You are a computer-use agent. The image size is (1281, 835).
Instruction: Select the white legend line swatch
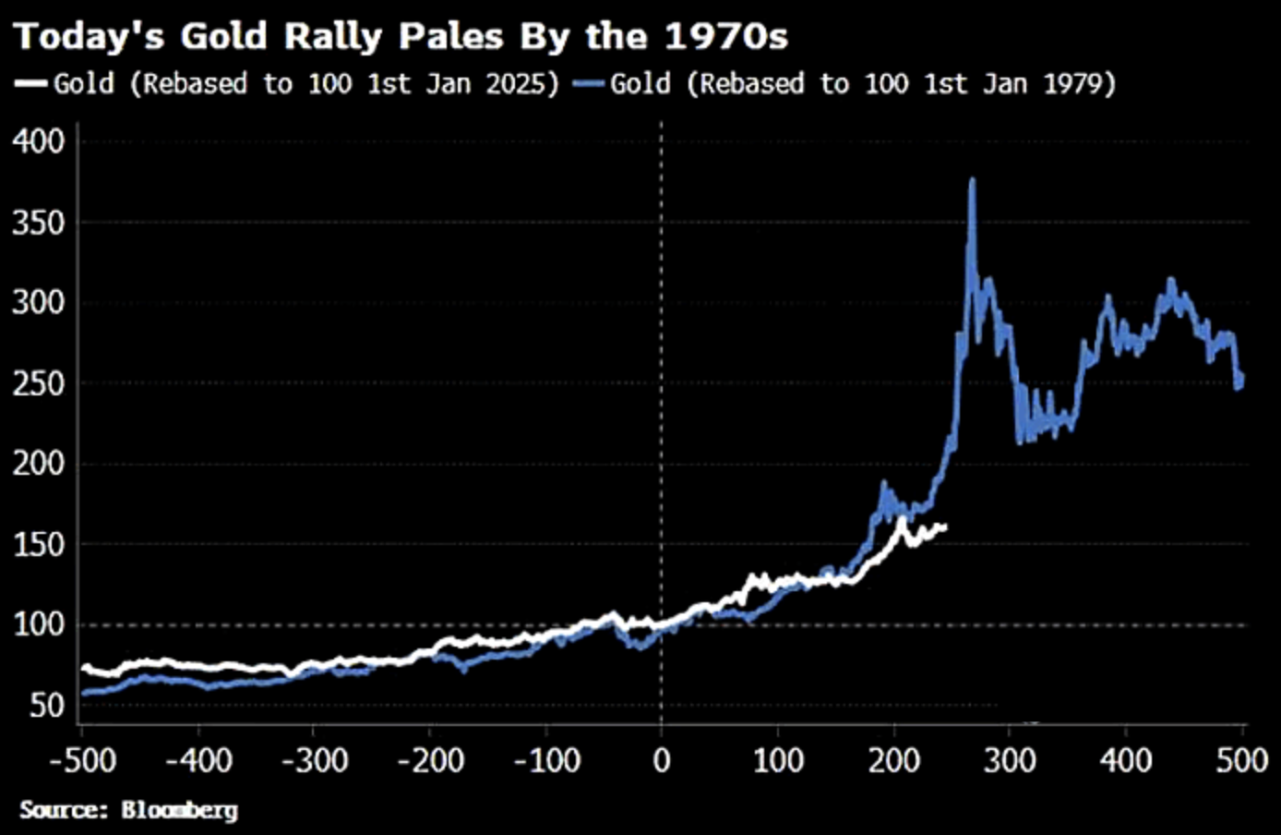[30, 84]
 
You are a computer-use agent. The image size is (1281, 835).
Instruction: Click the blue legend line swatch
[589, 84]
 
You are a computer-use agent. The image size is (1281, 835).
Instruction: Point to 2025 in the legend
[521, 84]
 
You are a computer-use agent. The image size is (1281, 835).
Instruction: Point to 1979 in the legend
[1079, 84]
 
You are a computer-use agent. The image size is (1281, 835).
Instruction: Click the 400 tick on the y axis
[39, 141]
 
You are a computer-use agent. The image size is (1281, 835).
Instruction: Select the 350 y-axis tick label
[39, 223]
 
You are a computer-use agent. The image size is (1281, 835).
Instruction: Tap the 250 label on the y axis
[39, 383]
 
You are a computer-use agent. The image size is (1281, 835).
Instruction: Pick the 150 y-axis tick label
[39, 544]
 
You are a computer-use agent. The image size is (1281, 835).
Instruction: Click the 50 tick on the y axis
[47, 706]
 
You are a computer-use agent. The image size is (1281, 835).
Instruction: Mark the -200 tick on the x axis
[429, 761]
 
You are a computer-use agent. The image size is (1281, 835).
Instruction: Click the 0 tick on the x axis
[661, 761]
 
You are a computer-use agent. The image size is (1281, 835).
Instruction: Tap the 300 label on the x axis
[1010, 761]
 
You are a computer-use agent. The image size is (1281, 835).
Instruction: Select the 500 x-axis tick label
[1241, 761]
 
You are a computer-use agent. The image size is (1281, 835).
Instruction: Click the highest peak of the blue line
[972, 180]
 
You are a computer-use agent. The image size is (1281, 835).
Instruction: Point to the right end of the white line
[945, 527]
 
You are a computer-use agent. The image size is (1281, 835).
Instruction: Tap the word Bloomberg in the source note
[179, 810]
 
